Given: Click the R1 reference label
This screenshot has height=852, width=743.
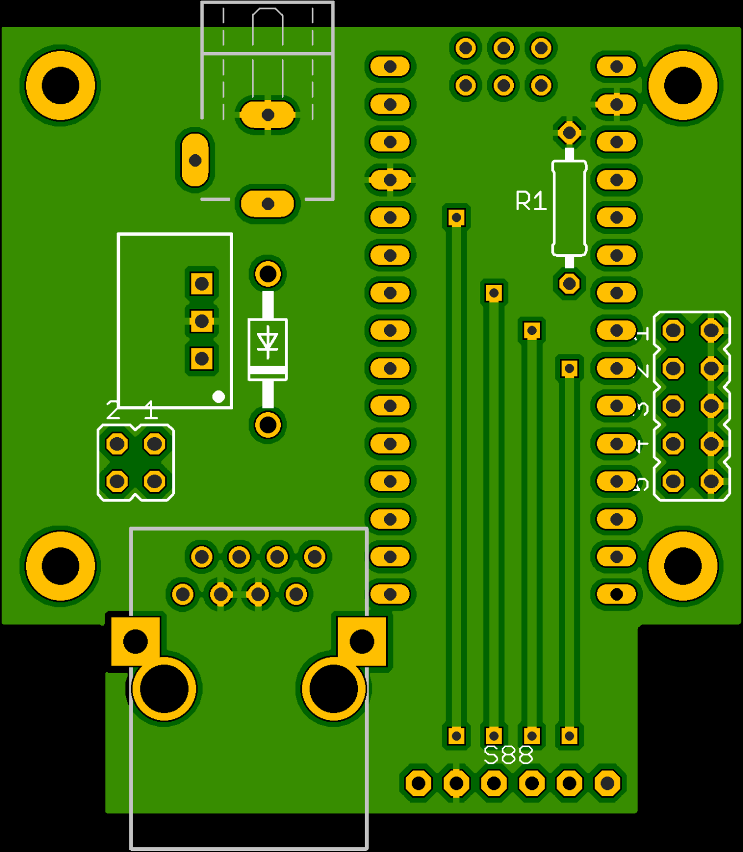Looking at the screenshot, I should [x=530, y=201].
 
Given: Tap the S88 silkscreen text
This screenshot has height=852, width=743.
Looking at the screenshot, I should [x=508, y=755].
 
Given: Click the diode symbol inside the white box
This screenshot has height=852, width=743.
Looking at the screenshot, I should [x=267, y=342].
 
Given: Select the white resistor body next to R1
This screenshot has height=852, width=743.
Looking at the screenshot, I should [x=569, y=209].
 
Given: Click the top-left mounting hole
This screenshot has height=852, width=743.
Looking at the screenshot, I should [x=60, y=86].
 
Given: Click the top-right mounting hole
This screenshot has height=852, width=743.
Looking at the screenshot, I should [x=683, y=86].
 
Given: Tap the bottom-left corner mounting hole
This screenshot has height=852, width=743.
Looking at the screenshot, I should [x=60, y=566].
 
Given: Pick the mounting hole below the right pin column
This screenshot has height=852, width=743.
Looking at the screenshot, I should [x=683, y=566].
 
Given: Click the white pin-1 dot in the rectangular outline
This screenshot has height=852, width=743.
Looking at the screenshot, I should [x=219, y=397].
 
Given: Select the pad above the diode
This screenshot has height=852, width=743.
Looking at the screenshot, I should [x=268, y=273].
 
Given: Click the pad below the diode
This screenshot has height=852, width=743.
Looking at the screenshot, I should [x=268, y=425].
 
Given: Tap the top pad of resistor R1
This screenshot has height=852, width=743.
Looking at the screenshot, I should [x=569, y=133].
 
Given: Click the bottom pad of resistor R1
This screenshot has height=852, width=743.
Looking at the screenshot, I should [x=569, y=283].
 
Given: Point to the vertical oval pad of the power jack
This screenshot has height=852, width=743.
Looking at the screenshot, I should [x=195, y=160].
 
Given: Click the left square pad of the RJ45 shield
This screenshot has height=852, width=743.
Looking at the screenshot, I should [x=135, y=641].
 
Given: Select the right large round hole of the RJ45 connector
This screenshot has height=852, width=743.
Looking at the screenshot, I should [x=333, y=688].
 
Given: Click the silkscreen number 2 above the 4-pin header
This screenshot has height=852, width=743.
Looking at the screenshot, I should [x=113, y=412].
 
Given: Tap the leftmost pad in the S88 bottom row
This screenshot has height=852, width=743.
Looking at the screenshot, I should [x=418, y=783].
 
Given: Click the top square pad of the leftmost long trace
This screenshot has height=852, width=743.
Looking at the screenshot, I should [x=456, y=217].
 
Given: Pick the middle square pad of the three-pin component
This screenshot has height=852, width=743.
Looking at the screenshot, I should [x=201, y=321].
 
